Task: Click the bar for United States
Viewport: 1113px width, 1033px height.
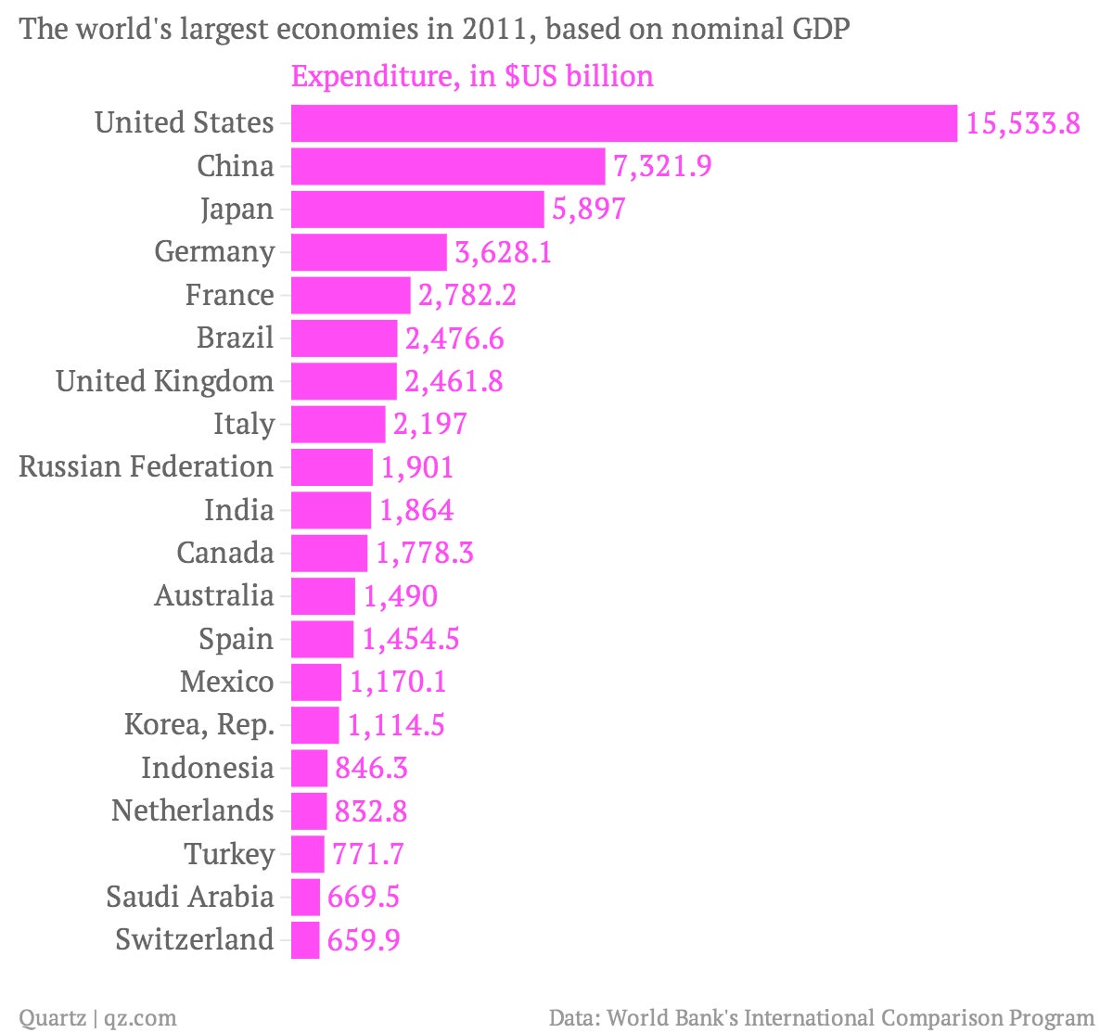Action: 624,122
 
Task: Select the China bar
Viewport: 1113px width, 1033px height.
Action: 448,166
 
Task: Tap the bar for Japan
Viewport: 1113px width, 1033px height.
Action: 417,209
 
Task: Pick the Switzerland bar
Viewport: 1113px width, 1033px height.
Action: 305,940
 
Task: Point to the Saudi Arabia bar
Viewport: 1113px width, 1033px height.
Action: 305,897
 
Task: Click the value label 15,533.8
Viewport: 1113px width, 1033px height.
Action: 1023,123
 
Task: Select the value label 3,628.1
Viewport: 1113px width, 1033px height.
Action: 503,252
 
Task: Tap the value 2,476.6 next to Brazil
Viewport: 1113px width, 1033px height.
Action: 454,338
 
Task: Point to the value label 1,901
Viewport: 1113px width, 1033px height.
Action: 417,467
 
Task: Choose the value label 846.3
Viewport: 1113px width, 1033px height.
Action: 371,768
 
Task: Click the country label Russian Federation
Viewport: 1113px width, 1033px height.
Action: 147,466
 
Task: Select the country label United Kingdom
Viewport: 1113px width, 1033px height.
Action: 165,381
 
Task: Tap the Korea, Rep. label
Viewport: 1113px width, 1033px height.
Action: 199,725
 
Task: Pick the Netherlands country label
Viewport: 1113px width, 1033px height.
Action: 192,810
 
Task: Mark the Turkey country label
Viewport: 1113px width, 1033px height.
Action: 229,854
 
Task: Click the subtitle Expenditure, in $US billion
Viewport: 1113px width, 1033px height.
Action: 472,76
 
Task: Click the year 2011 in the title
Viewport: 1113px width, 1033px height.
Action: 495,29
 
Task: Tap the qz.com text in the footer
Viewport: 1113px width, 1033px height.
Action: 141,1018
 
